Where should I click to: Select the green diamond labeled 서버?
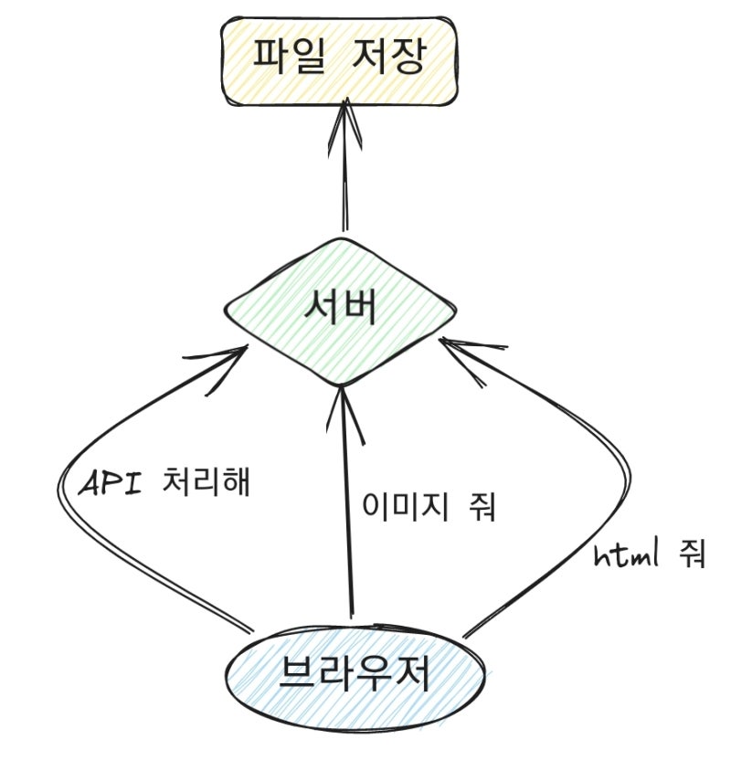pos(340,311)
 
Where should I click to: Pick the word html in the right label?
pos(623,553)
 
